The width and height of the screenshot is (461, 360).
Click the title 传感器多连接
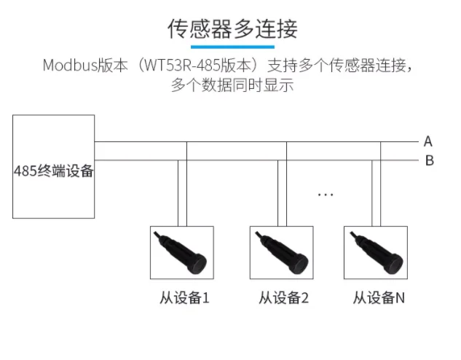[232, 28]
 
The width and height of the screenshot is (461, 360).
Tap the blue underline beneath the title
[232, 46]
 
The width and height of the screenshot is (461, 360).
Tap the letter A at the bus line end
[427, 141]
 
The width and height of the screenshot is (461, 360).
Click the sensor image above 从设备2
[281, 253]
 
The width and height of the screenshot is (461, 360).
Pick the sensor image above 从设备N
[375, 253]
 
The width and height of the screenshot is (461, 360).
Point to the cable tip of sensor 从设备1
[154, 232]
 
